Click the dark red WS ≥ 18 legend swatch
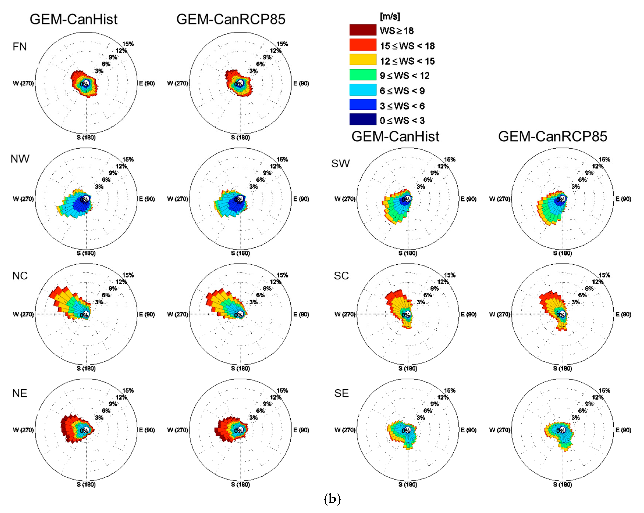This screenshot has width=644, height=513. (363, 30)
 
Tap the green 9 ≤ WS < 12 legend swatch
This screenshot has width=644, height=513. (363, 75)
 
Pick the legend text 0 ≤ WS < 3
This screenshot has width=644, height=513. (402, 120)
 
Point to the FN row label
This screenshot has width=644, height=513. (20, 47)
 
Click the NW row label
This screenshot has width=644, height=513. (20, 159)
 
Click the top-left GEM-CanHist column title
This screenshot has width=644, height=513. (74, 19)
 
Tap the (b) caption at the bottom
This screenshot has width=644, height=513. (332, 499)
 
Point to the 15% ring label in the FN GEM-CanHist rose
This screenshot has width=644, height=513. (128, 44)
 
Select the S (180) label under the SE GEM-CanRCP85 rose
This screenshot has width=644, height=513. (563, 484)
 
